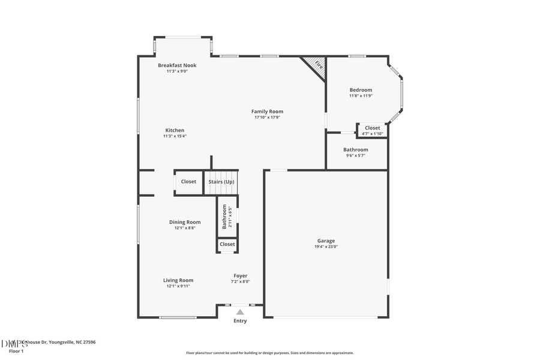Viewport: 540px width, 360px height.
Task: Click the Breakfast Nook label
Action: pyautogui.click(x=177, y=65)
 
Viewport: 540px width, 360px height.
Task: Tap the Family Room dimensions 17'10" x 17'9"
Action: pyautogui.click(x=267, y=118)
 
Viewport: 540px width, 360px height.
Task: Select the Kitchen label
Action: pyautogui.click(x=175, y=130)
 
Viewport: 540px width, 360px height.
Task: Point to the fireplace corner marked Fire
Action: pyautogui.click(x=315, y=65)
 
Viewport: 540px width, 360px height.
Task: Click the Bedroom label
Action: pyautogui.click(x=361, y=90)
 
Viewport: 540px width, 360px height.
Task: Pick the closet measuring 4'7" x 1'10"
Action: pyautogui.click(x=372, y=130)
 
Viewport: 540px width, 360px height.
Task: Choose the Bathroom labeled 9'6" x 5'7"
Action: pyautogui.click(x=356, y=152)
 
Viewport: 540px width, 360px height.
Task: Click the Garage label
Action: pyautogui.click(x=326, y=241)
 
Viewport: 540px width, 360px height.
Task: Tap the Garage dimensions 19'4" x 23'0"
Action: pyautogui.click(x=326, y=247)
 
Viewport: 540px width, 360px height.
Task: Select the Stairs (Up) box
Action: pyautogui.click(x=221, y=182)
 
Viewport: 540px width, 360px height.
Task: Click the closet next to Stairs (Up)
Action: pyautogui.click(x=188, y=182)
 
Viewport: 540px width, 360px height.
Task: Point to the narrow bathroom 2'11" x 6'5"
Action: pyautogui.click(x=227, y=217)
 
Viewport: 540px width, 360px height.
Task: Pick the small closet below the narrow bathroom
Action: pyautogui.click(x=227, y=245)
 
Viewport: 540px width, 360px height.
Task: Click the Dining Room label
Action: pyautogui.click(x=184, y=222)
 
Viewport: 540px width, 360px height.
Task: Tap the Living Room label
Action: pyautogui.click(x=178, y=280)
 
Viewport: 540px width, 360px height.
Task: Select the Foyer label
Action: pyautogui.click(x=240, y=276)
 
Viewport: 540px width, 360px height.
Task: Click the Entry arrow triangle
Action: pyautogui.click(x=240, y=312)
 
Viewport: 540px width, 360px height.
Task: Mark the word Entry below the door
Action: pyautogui.click(x=240, y=321)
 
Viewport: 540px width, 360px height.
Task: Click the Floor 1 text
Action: pyautogui.click(x=16, y=350)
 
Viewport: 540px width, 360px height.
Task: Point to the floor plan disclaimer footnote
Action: pyautogui.click(x=270, y=353)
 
